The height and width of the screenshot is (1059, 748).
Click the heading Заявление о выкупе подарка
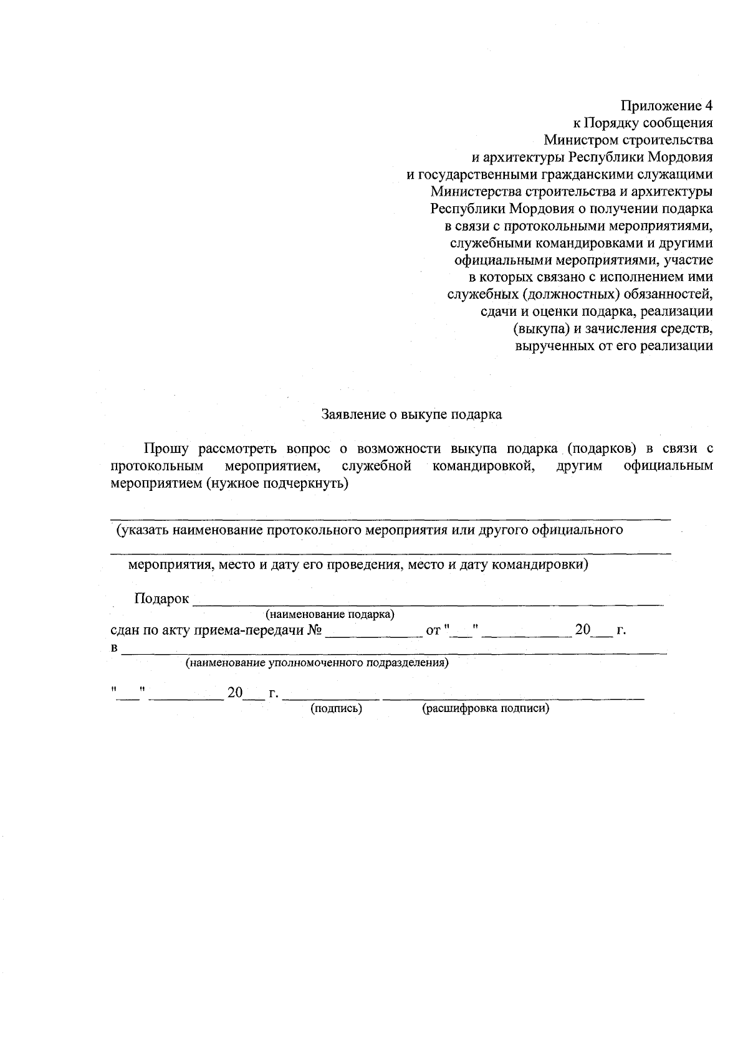[411, 414]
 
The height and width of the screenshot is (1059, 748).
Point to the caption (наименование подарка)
[330, 614]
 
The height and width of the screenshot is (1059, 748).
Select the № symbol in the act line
[314, 630]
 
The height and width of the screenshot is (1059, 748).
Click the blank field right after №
[373, 633]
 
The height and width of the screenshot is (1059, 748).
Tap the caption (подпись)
[337, 708]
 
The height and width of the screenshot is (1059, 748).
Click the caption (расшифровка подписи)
[486, 708]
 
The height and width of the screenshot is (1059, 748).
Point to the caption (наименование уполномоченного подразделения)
[317, 663]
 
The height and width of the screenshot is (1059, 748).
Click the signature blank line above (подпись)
[330, 697]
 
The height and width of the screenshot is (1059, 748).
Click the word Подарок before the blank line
[161, 599]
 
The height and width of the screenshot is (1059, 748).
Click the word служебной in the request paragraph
[376, 466]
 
